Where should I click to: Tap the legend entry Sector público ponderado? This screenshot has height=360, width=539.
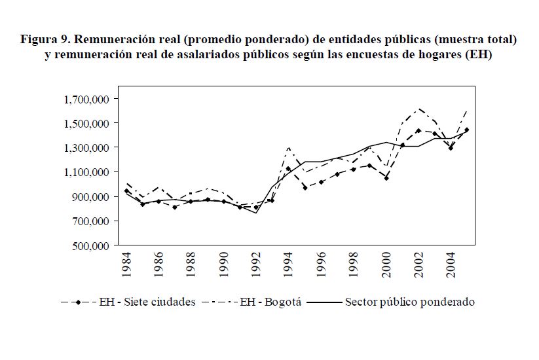click(x=409, y=302)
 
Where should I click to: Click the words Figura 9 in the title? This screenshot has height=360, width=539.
click(x=45, y=40)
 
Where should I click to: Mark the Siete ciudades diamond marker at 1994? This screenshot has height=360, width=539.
click(x=288, y=169)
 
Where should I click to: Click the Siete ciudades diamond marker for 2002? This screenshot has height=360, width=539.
click(x=418, y=130)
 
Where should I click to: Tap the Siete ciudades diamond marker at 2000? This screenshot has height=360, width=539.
click(x=386, y=177)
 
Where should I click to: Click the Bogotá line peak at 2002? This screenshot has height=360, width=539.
click(x=419, y=109)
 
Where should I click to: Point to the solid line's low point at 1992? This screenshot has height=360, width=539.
click(x=256, y=213)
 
